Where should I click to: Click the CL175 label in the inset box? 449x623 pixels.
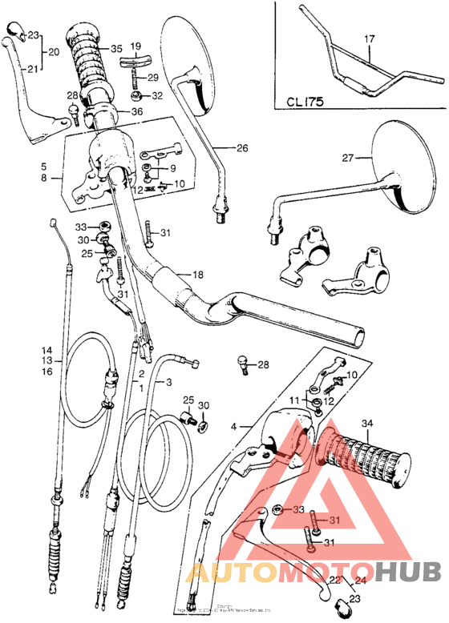[x=304, y=102]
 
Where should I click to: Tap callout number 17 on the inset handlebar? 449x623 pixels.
[x=369, y=38]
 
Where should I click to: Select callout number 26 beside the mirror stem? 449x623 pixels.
[x=242, y=147]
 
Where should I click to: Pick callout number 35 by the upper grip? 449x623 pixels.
[x=117, y=48]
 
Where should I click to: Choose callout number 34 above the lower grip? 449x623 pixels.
[x=367, y=424]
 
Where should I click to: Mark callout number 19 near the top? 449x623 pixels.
[x=135, y=46]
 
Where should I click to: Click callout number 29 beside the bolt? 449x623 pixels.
[x=153, y=77]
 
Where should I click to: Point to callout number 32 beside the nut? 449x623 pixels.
[x=156, y=95]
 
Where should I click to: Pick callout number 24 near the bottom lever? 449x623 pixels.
[x=360, y=581]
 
